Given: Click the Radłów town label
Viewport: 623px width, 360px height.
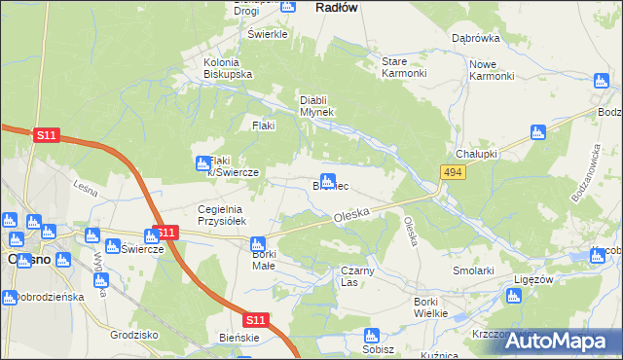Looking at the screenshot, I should [x=338, y=7].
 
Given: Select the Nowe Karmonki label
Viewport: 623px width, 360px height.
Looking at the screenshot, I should [x=491, y=70].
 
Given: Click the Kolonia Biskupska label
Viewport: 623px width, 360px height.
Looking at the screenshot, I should [x=228, y=68].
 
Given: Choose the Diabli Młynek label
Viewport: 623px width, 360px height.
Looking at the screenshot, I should [x=316, y=105].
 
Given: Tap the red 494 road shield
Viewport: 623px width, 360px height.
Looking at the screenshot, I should [x=451, y=172].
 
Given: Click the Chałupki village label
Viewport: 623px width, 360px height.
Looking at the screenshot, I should [x=477, y=154].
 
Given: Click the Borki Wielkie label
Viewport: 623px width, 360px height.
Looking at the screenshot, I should [x=429, y=307].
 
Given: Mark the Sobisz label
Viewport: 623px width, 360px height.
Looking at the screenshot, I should [x=378, y=348].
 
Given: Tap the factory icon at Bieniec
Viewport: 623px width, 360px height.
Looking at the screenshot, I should [x=329, y=180].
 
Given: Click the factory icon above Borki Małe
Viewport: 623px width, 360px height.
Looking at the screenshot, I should [x=258, y=244].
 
